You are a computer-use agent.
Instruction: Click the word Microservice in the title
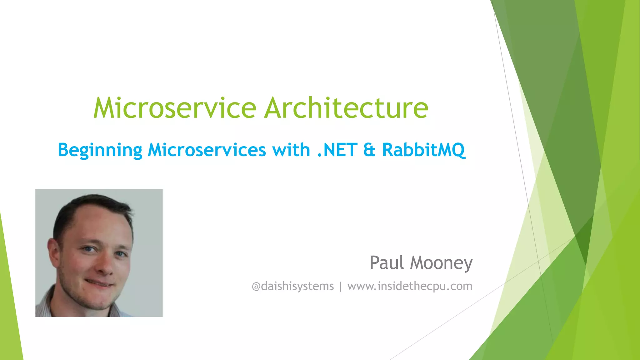(x=175, y=108)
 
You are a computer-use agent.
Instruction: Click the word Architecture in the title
(x=346, y=108)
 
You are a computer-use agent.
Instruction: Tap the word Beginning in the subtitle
(x=100, y=150)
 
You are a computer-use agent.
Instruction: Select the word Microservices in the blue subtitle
(x=207, y=150)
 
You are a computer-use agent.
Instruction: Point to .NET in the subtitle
(x=337, y=150)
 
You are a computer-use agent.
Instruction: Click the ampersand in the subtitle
(x=369, y=150)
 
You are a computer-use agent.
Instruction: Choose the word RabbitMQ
(x=423, y=150)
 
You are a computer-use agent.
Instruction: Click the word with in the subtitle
(x=291, y=150)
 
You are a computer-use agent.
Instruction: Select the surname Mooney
(x=441, y=263)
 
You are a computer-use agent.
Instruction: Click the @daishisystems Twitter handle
(x=293, y=286)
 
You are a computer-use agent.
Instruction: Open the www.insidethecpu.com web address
(x=410, y=286)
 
